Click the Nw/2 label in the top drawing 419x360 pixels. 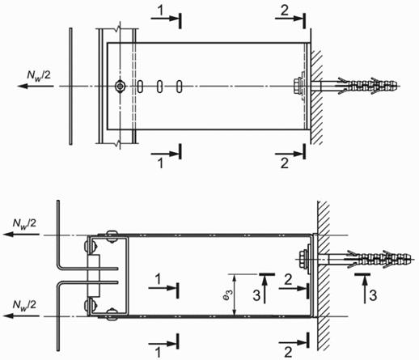39,74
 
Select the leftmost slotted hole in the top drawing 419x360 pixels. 140,87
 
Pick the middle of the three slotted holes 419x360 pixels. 160,87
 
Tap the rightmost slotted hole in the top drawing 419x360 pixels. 180,87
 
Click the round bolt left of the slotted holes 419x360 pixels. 120,87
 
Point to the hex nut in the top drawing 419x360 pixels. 297,86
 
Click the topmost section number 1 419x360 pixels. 161,11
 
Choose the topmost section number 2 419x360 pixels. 285,11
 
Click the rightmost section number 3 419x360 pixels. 373,295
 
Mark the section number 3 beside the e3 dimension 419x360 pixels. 256,295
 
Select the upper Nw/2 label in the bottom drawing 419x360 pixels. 24,224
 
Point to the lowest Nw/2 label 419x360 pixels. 24,306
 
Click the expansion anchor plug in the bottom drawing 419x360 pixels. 379,260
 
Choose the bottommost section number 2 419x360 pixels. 288,352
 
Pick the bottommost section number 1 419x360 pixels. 159,353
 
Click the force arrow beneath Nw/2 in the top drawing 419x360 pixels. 36,86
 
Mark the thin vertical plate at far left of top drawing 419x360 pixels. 70,87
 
